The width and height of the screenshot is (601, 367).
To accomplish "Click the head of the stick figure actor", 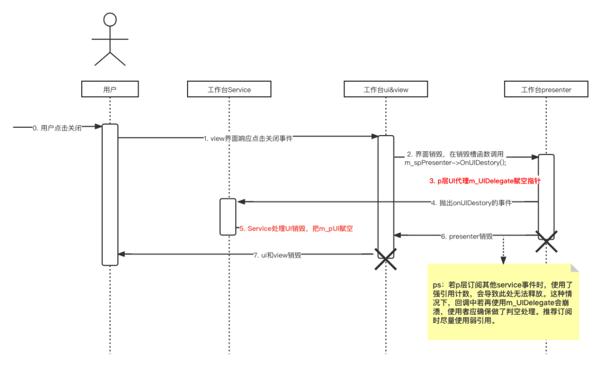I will click(110, 20).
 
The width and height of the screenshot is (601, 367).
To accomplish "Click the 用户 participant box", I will click(110, 90).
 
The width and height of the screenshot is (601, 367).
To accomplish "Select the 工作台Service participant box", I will click(229, 90).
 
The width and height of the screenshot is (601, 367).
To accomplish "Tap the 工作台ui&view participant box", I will click(386, 90).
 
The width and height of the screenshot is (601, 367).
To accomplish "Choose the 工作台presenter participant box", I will click(546, 90).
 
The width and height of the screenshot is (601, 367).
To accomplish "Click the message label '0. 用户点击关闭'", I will click(57, 127).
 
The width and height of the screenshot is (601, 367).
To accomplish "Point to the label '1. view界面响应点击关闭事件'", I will click(248, 138).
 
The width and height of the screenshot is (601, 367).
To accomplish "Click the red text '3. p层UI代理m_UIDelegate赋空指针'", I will click(484, 181).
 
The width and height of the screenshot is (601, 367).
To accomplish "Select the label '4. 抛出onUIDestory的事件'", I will click(471, 202).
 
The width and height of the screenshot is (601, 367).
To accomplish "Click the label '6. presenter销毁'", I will click(466, 236).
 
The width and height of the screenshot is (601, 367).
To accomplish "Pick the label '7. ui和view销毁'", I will click(277, 255).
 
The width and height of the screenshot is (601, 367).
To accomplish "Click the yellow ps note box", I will click(503, 301).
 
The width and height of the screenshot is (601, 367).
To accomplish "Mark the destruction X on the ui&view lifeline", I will click(386, 260).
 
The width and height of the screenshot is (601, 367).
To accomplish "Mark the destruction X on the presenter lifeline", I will click(546, 240).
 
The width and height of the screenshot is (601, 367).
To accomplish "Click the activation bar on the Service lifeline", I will click(228, 216).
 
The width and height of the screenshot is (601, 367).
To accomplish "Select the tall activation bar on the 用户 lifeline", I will click(110, 195).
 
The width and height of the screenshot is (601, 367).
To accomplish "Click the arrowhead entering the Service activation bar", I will click(240, 202).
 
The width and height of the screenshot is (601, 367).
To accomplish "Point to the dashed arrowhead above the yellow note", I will click(503, 259).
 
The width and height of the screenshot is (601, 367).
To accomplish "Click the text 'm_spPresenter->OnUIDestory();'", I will click(455, 162).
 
